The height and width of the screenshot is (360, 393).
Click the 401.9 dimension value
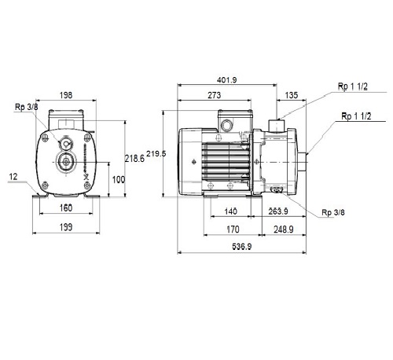(x=226, y=79)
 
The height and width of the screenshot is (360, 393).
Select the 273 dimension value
(x=215, y=95)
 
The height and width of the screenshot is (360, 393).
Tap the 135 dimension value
(x=292, y=95)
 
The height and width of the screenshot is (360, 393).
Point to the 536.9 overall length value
(x=242, y=247)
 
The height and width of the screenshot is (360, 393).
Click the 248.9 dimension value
(x=284, y=230)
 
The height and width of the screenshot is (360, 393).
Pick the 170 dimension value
(x=233, y=230)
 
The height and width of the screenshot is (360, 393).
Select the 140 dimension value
(x=230, y=211)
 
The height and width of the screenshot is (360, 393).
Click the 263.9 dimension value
(x=278, y=211)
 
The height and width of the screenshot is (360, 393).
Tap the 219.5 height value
(x=156, y=153)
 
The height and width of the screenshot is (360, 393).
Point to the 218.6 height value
(x=134, y=159)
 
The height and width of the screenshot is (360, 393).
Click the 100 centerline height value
(x=119, y=180)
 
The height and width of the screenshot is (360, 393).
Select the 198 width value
(x=66, y=95)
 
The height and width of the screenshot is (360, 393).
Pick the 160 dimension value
(x=66, y=208)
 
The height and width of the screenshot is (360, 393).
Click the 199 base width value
(x=66, y=227)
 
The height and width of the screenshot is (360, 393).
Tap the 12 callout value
(x=13, y=177)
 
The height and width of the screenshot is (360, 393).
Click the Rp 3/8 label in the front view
(x=27, y=107)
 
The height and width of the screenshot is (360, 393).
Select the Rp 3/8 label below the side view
(x=333, y=212)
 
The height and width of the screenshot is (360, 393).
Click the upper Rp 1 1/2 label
(x=353, y=86)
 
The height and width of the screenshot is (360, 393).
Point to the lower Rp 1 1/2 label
(x=356, y=116)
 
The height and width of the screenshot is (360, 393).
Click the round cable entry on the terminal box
(x=226, y=124)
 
